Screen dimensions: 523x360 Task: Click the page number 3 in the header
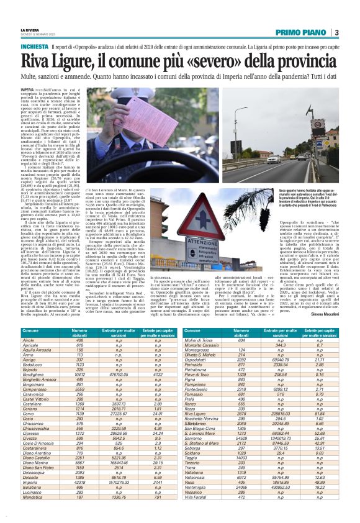coord(336,32)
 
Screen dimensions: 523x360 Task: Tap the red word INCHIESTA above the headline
coord(34,47)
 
